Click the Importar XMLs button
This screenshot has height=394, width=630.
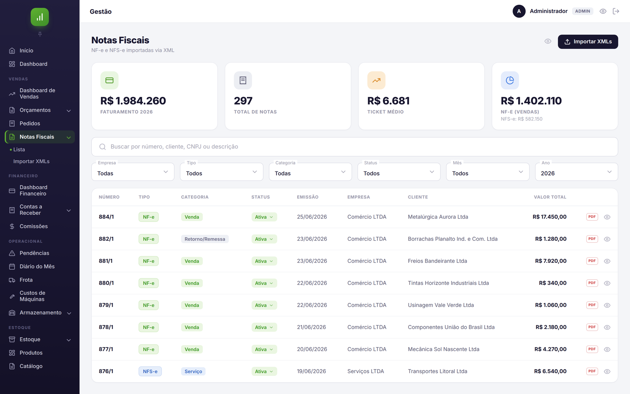pyautogui.click(x=588, y=42)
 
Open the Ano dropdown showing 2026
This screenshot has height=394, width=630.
pyautogui.click(x=576, y=172)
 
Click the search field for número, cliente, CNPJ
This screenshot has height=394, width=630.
pyautogui.click(x=354, y=147)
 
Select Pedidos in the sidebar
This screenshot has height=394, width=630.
pyautogui.click(x=30, y=123)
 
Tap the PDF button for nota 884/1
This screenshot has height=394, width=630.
pyautogui.click(x=592, y=217)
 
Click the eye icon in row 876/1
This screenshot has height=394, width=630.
pyautogui.click(x=607, y=372)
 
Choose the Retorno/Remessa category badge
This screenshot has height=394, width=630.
pyautogui.click(x=205, y=239)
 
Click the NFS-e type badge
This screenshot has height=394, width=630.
pyautogui.click(x=150, y=371)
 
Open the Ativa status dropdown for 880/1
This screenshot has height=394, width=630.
pyautogui.click(x=264, y=283)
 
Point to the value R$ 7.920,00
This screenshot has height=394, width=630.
pyautogui.click(x=551, y=261)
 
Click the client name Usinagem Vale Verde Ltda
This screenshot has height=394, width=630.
pyautogui.click(x=441, y=305)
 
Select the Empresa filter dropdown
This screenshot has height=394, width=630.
pyautogui.click(x=133, y=172)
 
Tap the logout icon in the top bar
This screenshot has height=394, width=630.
pyautogui.click(x=616, y=11)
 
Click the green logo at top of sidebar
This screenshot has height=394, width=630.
pyautogui.click(x=40, y=17)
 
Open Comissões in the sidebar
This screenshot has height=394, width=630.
pyautogui.click(x=33, y=226)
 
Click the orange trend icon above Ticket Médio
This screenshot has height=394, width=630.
pyautogui.click(x=376, y=80)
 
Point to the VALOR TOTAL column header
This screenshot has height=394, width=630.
pyautogui.click(x=550, y=197)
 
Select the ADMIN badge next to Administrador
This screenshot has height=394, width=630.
pyautogui.click(x=582, y=11)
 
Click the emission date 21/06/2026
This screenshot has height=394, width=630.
pyautogui.click(x=311, y=327)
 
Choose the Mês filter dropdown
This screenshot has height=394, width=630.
pyautogui.click(x=488, y=172)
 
